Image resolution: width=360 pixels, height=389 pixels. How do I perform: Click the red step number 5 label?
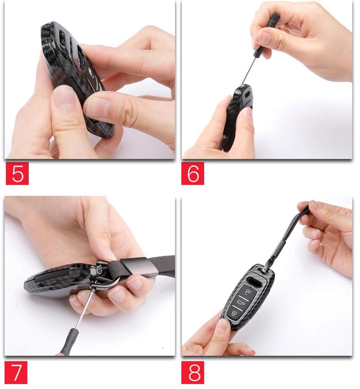pos(17,174)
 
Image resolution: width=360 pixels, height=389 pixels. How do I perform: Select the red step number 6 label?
pos(193,174)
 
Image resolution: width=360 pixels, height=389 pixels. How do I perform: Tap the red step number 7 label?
pos(16,373)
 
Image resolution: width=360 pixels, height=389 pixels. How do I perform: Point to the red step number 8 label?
pos(193,373)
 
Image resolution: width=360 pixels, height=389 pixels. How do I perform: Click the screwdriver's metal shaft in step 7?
pos(84,310)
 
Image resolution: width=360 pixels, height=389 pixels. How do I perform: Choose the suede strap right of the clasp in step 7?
pos(166,264)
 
